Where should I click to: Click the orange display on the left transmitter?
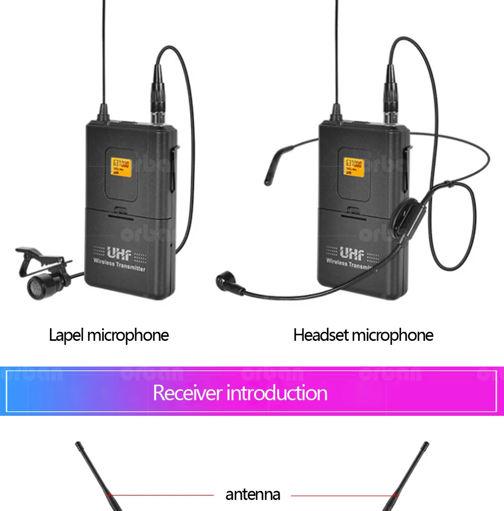121,167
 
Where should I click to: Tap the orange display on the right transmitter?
354,167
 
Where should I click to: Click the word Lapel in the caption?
66,335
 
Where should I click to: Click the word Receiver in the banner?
187,393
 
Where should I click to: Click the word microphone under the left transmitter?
128,335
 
